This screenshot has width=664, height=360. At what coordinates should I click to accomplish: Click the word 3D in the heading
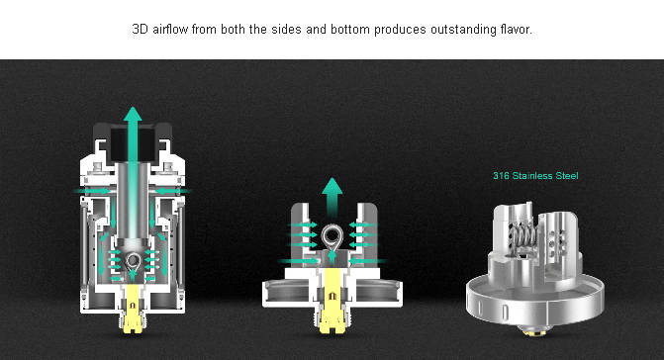140,30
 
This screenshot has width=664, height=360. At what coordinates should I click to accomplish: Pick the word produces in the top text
400,30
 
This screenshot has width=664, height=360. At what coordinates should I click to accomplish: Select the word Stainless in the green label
531,176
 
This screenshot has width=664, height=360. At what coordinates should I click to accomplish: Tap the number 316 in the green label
501,176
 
